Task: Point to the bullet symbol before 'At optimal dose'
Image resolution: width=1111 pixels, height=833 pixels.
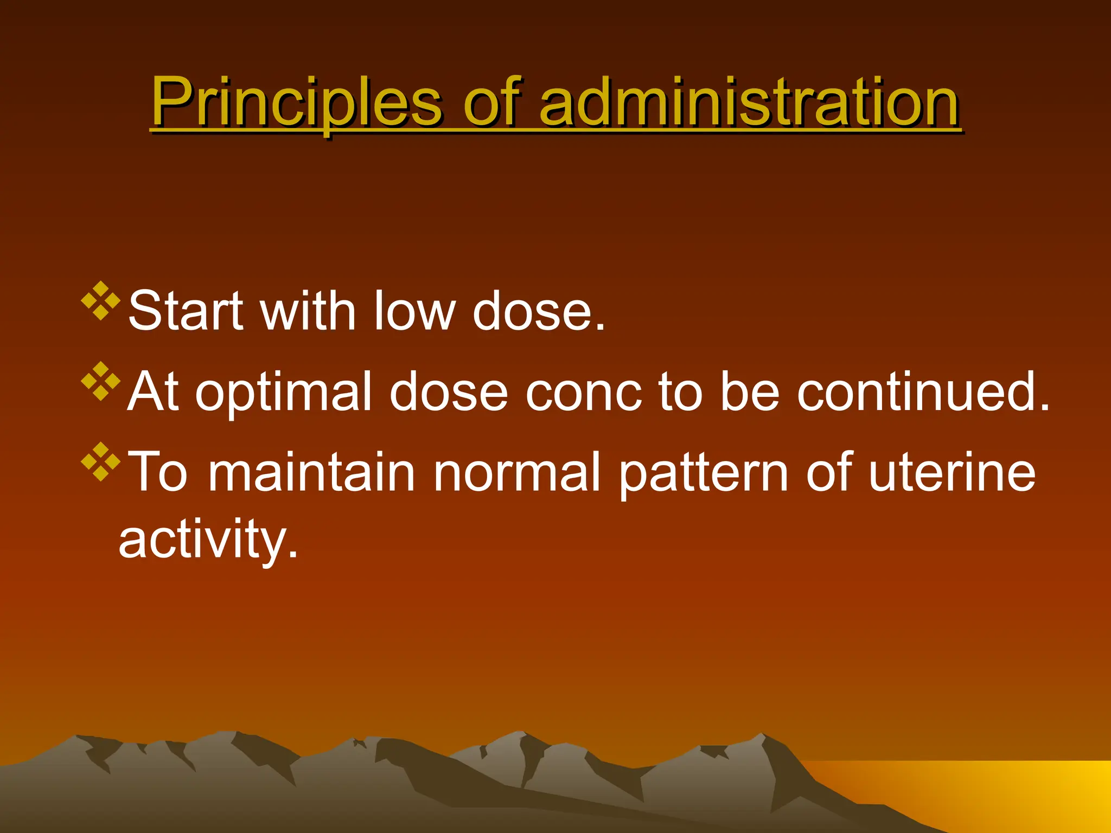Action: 100,381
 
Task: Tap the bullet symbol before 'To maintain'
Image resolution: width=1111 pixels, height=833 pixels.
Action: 100,462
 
